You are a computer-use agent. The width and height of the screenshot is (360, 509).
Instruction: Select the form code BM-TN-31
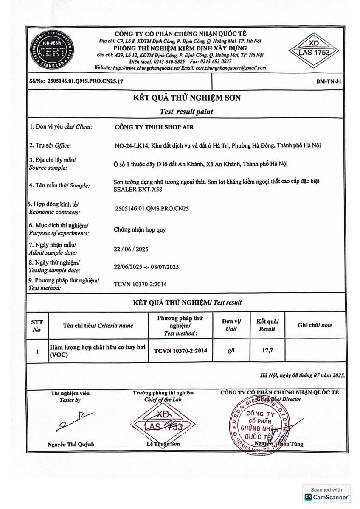[329, 81]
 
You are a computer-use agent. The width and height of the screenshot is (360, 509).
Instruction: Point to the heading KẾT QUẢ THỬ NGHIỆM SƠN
[187, 98]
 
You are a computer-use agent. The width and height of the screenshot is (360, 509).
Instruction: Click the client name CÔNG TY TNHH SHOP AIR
[155, 126]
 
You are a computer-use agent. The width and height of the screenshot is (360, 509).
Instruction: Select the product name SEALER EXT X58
[138, 190]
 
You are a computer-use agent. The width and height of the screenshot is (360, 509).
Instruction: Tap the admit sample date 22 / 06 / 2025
[131, 249]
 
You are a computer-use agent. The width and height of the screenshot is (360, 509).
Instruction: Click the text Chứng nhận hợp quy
[140, 230]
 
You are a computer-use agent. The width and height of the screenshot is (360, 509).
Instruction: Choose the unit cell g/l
[231, 351]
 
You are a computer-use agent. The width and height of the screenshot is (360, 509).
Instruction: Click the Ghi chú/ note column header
[315, 325]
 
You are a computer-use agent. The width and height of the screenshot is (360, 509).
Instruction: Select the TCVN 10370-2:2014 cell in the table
[183, 351]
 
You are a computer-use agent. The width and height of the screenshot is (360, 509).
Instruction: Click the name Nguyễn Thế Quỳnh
[71, 445]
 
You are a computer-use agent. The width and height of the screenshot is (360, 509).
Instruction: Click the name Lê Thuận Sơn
[163, 444]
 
